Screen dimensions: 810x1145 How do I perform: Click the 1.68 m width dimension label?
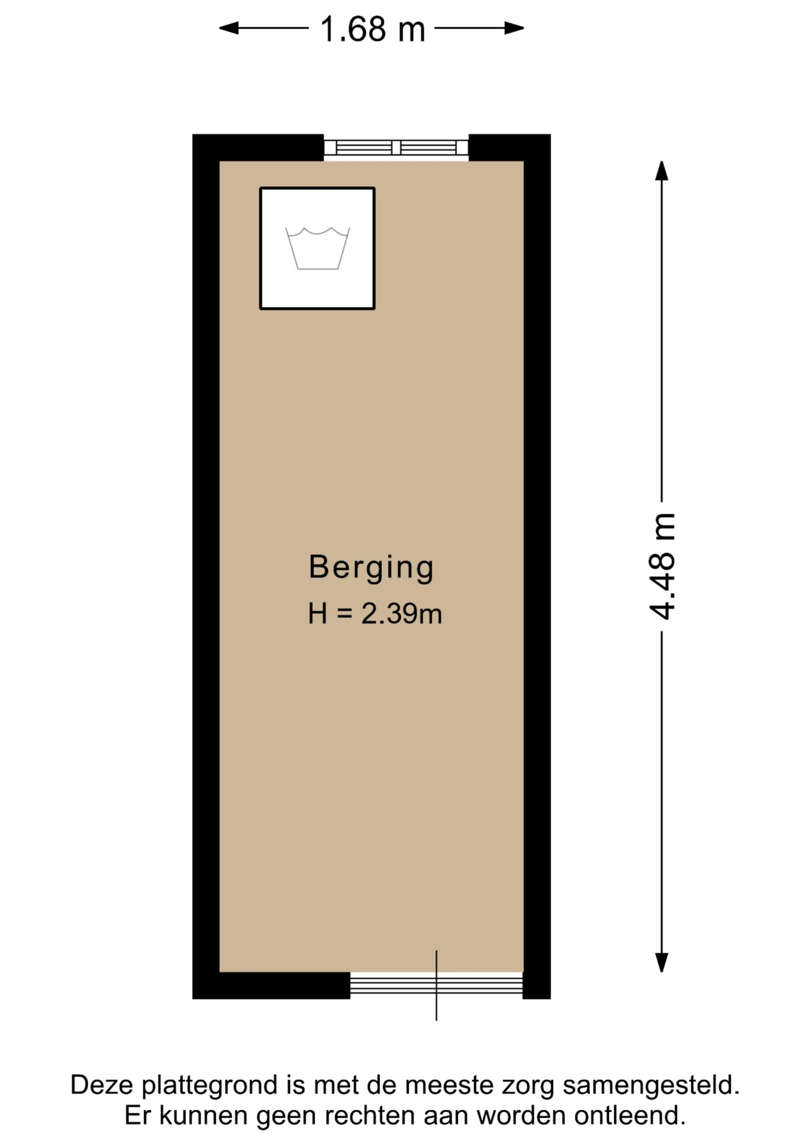372,29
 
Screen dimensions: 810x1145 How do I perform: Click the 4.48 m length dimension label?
662,566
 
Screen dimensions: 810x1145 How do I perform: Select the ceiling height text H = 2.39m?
375,614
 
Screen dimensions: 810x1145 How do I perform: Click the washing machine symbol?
317,249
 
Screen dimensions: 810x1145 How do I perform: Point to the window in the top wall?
396,147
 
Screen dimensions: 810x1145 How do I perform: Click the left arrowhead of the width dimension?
228,28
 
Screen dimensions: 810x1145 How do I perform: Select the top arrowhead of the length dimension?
661,171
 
